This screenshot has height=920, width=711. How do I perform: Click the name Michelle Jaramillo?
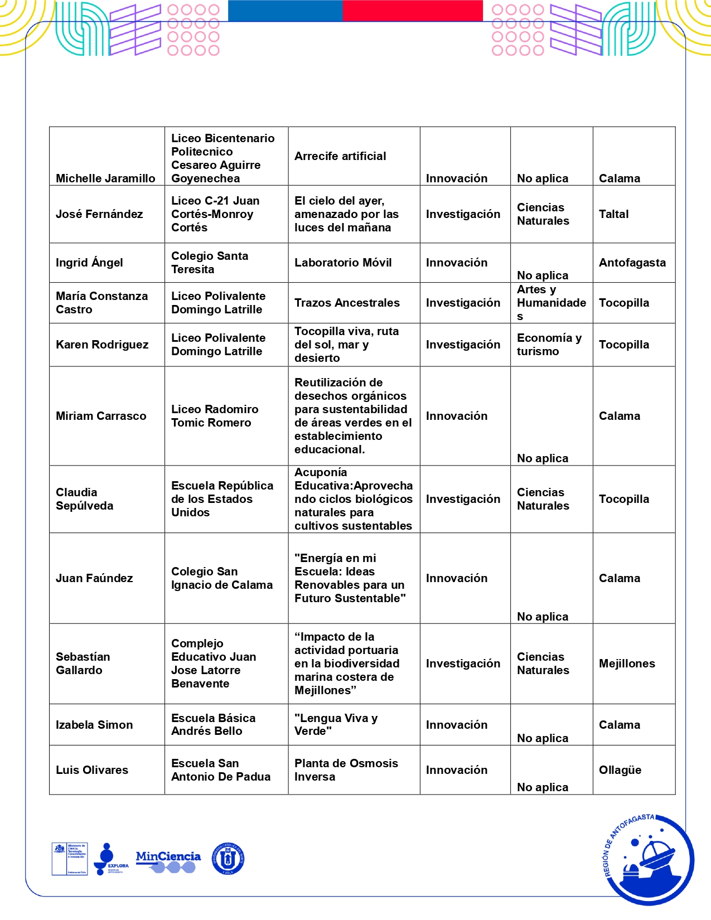pos(105,178)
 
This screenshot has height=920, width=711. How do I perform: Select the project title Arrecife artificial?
pos(340,156)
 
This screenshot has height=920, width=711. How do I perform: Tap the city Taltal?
pos(613,214)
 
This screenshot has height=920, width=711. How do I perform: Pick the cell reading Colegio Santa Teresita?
pos(210,263)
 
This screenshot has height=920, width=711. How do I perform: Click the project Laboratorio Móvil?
pos(343,263)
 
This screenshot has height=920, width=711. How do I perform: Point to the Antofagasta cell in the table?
pos(632,263)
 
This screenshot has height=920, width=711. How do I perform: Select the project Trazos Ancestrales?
pos(347,303)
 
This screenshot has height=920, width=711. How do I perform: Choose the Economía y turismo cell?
pos(549,345)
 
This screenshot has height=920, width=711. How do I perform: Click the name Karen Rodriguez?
pos(102,345)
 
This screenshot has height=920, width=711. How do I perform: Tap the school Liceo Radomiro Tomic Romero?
pos(215,416)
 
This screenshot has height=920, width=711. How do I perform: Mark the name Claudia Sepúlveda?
pos(84,499)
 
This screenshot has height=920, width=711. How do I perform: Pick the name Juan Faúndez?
pos(94,578)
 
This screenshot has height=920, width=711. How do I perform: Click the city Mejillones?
pos(627,664)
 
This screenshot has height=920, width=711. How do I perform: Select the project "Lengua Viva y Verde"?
pos(336,724)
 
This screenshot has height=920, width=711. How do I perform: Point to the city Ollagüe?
pos(620,770)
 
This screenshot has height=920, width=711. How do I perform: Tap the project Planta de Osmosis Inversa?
pos(346,770)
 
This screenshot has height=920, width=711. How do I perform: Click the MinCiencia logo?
pos(168,861)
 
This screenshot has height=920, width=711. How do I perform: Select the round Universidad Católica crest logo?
pos(228,859)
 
